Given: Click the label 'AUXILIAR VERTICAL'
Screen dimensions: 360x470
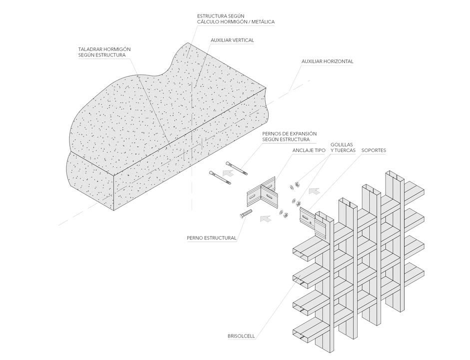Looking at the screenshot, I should pos(232,39).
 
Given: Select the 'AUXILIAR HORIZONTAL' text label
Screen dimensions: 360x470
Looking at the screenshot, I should pos(327,61).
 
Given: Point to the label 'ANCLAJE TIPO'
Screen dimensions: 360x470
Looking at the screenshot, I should pos(309,149).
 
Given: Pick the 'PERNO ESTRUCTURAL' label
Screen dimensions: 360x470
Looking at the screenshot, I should pos(211,238).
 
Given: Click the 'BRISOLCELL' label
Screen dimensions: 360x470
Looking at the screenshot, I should pos(241,336).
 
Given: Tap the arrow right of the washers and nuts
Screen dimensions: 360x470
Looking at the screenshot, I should pos(314,190).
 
